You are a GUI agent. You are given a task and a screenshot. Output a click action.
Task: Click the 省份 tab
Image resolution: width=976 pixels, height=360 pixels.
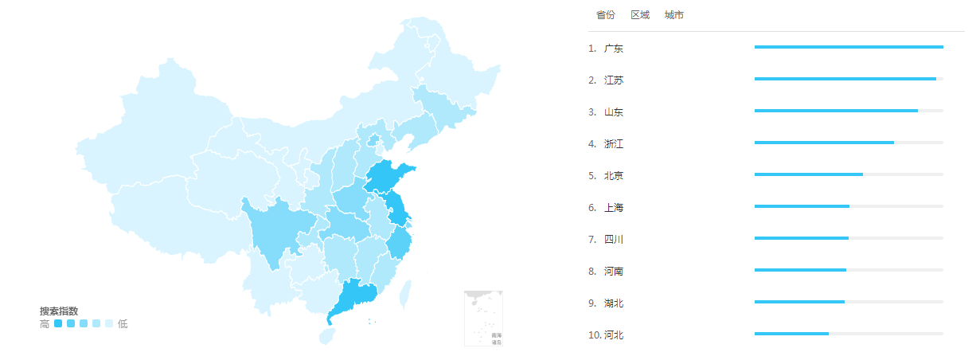point(605,15)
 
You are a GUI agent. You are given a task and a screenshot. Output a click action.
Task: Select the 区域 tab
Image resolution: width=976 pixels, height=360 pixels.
point(640,15)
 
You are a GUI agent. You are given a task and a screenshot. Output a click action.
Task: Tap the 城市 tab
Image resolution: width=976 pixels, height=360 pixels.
point(674,15)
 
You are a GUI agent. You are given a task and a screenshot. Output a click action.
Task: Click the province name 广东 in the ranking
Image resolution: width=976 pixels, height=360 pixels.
point(614,49)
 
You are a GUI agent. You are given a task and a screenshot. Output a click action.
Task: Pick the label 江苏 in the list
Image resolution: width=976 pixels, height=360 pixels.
point(614,80)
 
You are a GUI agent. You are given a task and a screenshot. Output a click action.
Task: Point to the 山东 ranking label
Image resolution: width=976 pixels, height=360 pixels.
point(614,112)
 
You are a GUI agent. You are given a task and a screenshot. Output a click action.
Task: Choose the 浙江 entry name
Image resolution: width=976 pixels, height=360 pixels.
point(614,144)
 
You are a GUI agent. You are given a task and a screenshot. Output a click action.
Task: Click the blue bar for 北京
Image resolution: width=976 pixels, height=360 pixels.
point(808,174)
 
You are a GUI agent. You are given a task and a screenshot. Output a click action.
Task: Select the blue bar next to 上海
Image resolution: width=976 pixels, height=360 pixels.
point(802,206)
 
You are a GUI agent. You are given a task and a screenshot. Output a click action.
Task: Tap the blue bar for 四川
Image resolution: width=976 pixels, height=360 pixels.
point(801,238)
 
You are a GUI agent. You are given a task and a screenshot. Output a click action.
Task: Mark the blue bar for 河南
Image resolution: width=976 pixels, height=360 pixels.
point(800,270)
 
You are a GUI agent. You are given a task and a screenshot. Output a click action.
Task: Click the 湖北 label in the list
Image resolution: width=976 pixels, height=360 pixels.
point(614,303)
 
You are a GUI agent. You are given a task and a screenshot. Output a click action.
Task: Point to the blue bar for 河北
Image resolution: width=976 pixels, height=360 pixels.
point(791,334)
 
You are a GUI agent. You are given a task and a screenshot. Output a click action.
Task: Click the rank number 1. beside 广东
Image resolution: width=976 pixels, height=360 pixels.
point(592,49)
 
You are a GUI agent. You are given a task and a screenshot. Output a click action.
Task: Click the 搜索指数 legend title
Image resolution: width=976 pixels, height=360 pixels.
point(59,311)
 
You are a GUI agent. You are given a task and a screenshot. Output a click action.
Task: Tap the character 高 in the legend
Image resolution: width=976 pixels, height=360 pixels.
point(45,324)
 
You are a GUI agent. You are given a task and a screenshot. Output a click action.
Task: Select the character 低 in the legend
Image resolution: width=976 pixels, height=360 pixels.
point(123,324)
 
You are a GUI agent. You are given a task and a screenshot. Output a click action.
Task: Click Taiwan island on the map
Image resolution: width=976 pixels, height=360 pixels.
point(405,294)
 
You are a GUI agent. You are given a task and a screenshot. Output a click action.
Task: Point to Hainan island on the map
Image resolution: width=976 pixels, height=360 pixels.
point(327,336)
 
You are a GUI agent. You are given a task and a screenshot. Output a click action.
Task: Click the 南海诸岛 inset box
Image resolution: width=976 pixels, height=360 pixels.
point(484,319)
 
